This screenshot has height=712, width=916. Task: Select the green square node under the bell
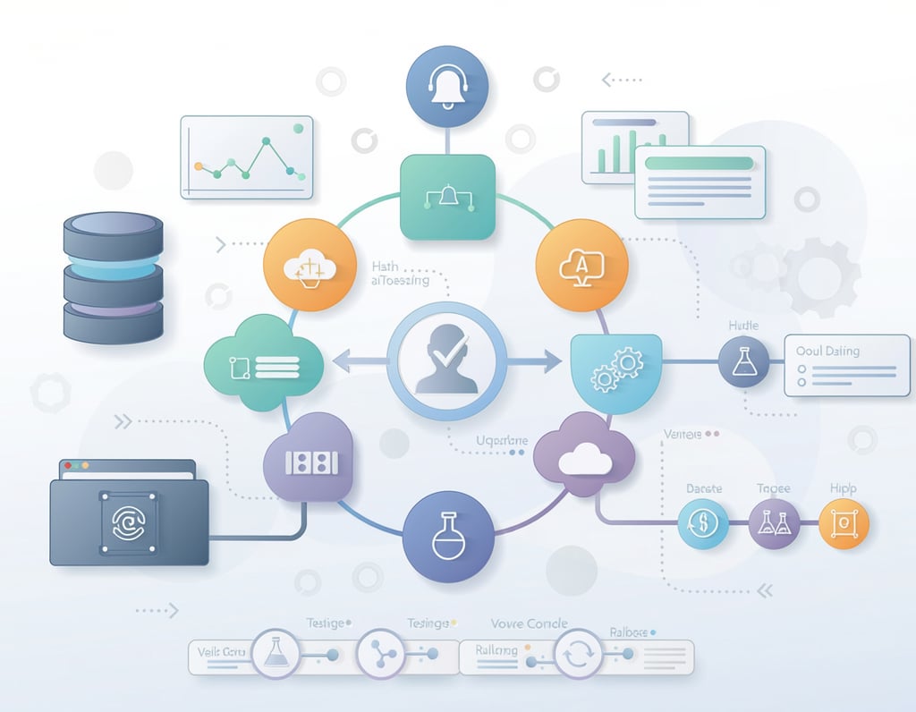[447, 197]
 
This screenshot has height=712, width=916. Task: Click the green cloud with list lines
[265, 363]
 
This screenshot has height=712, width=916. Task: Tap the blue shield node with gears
[616, 367]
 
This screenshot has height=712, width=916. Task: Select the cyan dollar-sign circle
[702, 523]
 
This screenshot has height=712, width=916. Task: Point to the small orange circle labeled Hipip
[843, 523]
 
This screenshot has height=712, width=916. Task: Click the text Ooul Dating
[827, 351]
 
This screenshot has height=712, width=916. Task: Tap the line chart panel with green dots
[247, 157]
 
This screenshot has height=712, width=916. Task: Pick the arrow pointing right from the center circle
[531, 362]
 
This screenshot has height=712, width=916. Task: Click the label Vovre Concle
[529, 623]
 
